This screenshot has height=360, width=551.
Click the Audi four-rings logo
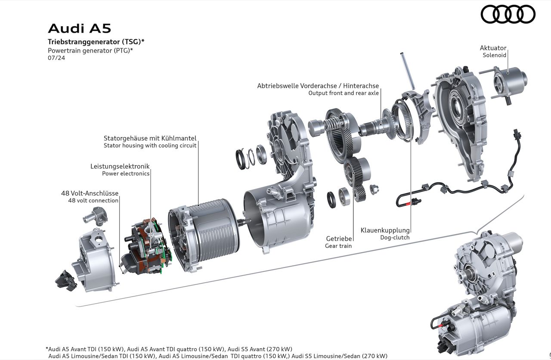[508, 14]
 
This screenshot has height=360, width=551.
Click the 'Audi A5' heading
[79, 28]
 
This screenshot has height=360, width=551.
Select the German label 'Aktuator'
[493, 48]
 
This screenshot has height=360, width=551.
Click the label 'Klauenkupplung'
[385, 230]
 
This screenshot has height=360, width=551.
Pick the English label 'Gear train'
[338, 246]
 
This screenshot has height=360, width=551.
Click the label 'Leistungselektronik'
[120, 166]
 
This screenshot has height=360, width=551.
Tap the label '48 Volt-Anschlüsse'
[90, 193]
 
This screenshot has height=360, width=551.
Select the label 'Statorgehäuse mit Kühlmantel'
[150, 138]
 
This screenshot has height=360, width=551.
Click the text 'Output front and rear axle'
[344, 93]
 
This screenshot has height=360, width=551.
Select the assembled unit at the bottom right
[478, 293]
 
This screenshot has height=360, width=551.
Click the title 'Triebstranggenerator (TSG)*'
[96, 42]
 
